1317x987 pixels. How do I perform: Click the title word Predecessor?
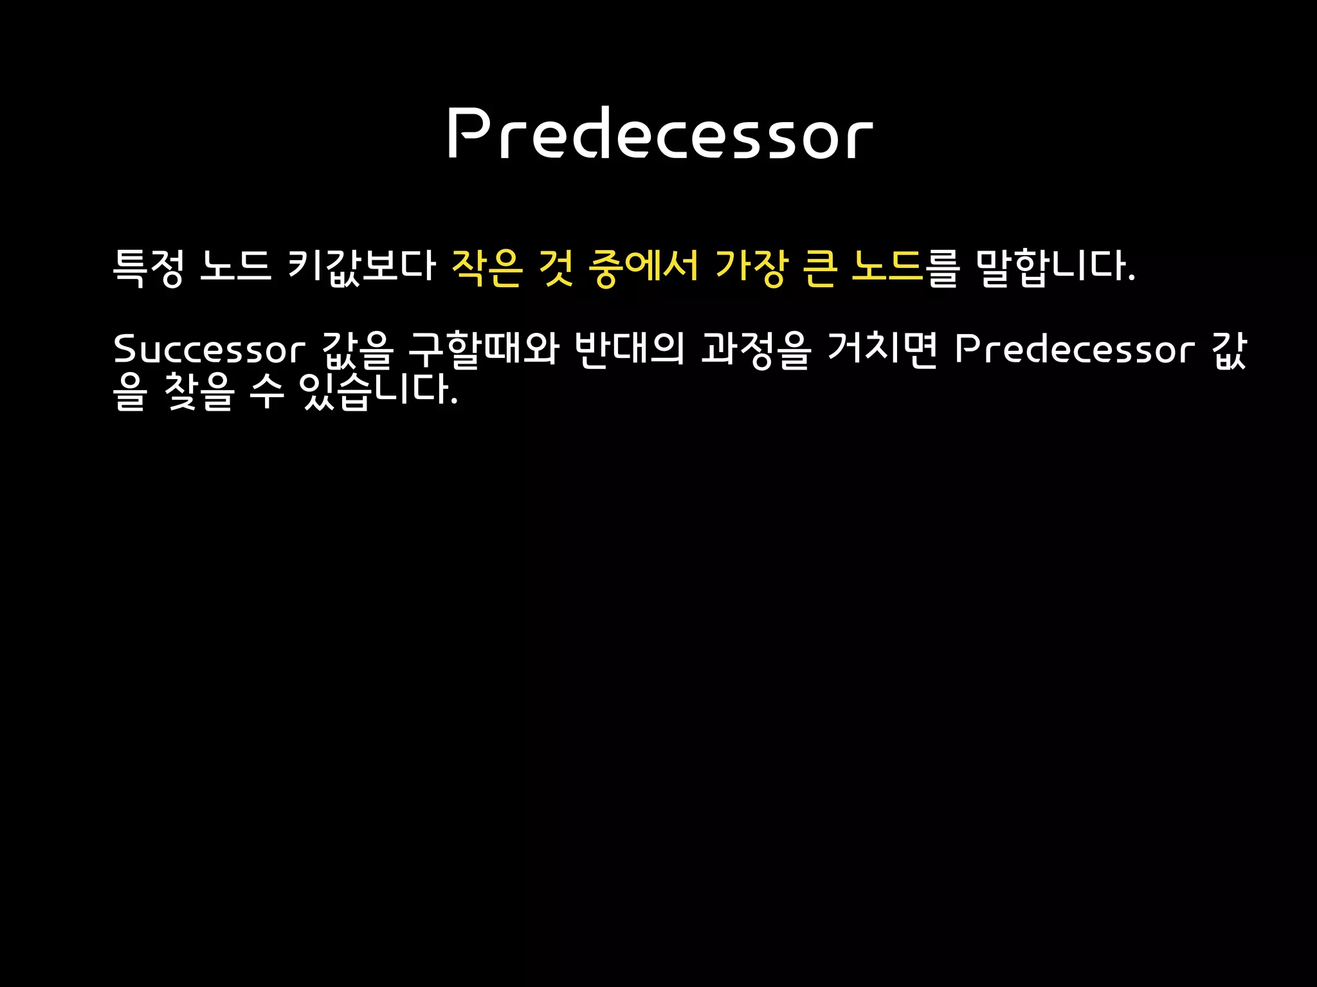(660, 133)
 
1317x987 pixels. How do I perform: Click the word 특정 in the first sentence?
(149, 267)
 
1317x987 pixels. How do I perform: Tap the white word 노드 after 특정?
(235, 267)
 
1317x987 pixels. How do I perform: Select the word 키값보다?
(362, 267)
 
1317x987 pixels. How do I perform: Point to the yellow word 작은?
(487, 267)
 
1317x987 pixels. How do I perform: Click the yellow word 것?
(556, 267)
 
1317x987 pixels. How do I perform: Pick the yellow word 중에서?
(643, 267)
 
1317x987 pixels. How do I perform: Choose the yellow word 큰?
(821, 267)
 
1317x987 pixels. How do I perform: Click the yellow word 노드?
(887, 267)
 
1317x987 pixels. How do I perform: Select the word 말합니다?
(1055, 267)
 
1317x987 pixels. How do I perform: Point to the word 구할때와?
(484, 350)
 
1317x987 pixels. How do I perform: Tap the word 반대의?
(629, 350)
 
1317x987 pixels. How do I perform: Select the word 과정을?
(756, 350)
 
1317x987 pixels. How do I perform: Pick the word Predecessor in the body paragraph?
(1075, 350)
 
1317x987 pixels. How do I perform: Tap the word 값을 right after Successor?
(357, 350)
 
